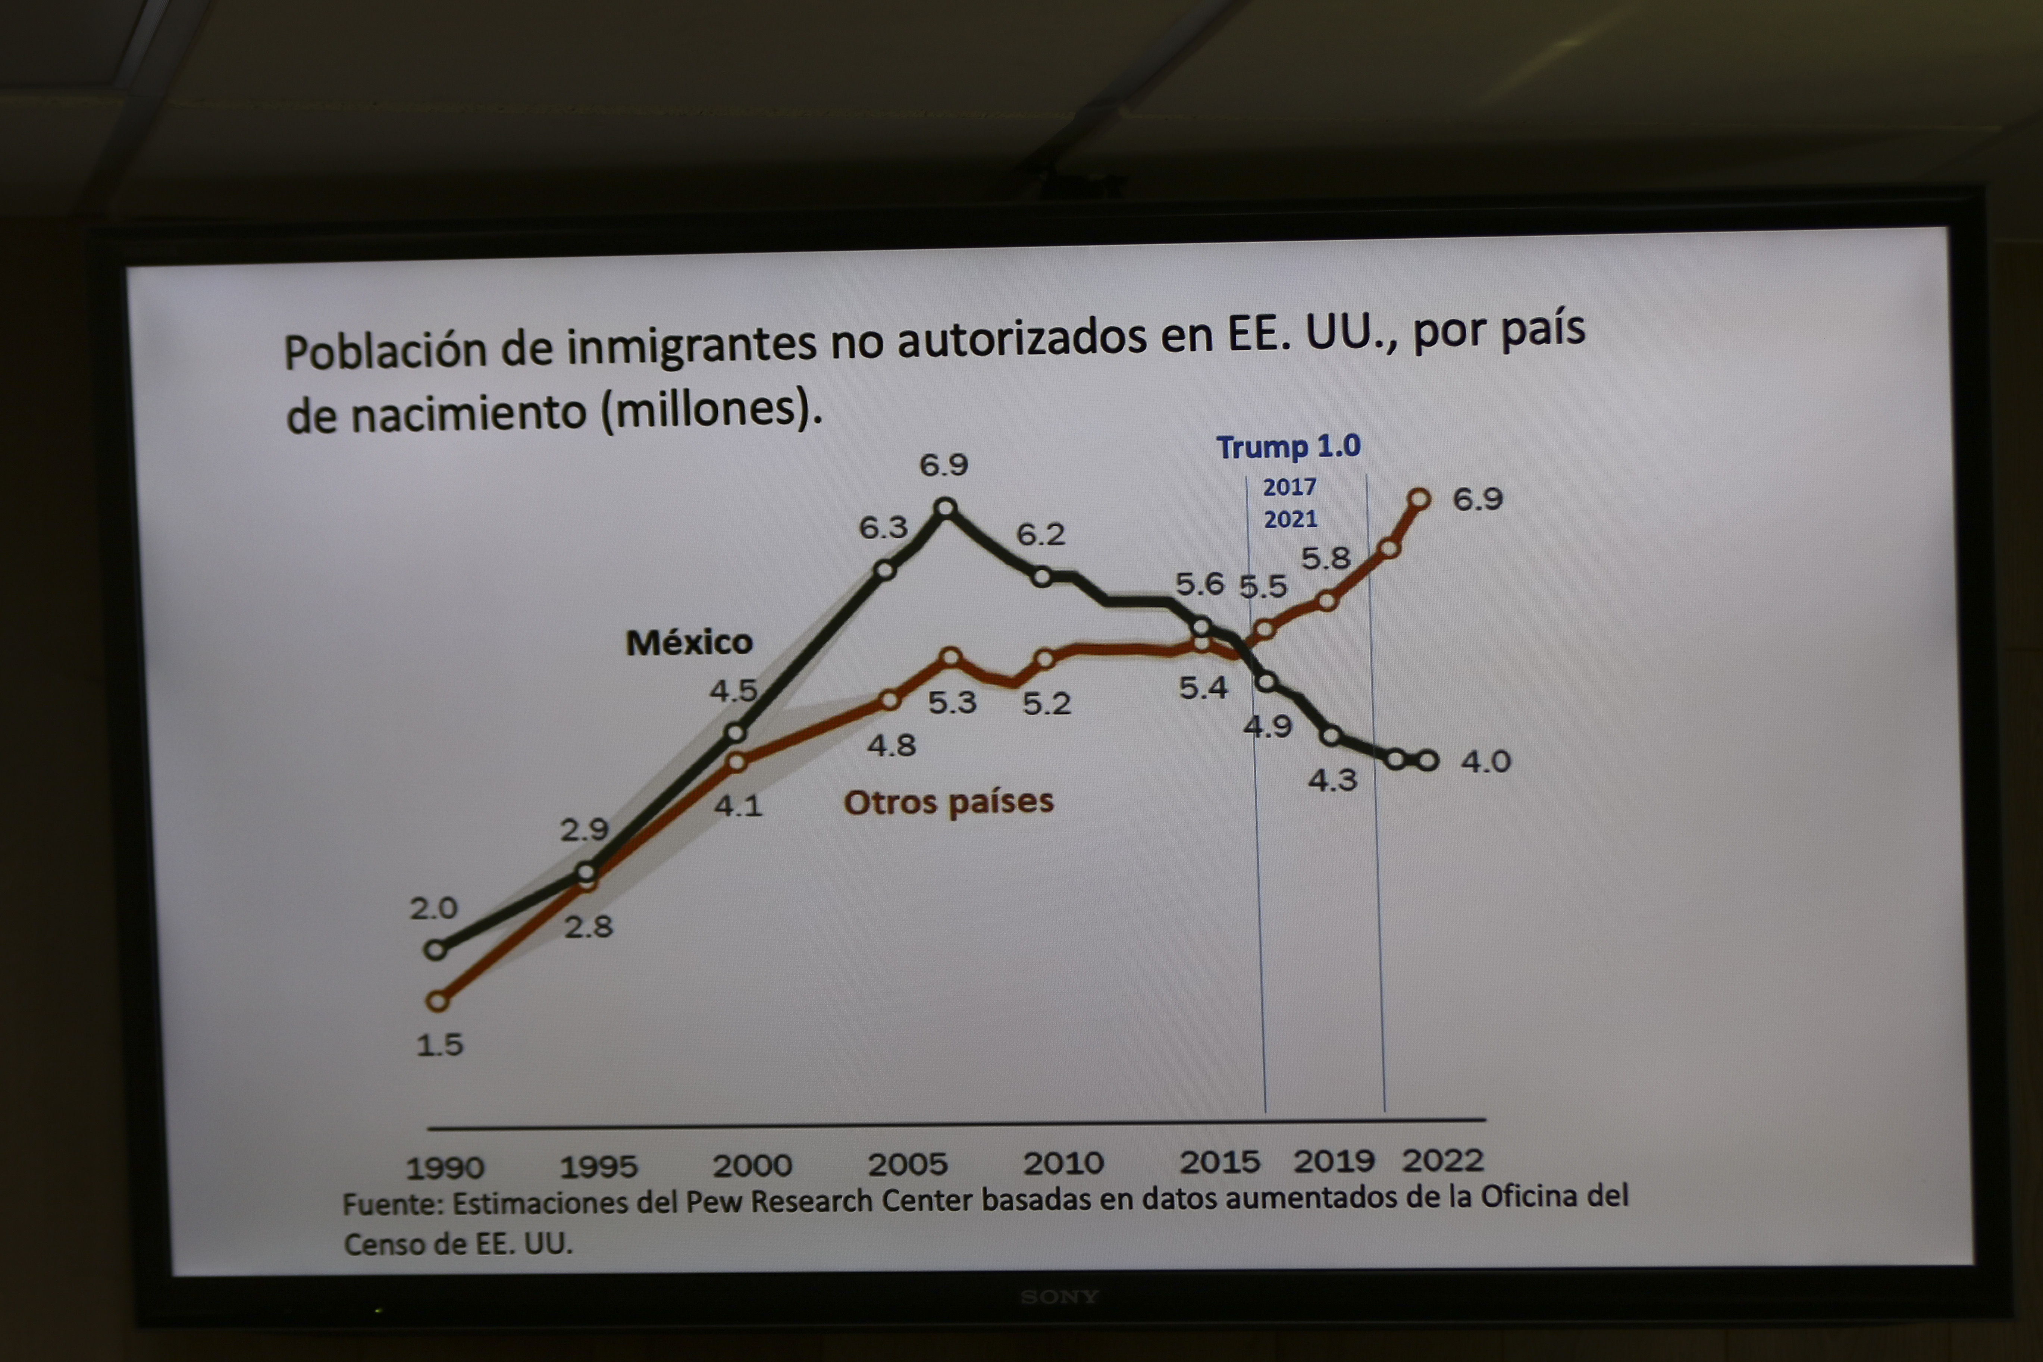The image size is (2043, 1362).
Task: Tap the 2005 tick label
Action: pyautogui.click(x=907, y=1164)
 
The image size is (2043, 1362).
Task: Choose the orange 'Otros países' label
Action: pyautogui.click(x=949, y=801)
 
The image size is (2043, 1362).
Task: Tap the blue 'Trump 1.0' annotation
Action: pyautogui.click(x=1288, y=447)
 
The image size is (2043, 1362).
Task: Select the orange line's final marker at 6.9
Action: pyautogui.click(x=1419, y=499)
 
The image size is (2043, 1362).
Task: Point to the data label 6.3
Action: pyautogui.click(x=883, y=527)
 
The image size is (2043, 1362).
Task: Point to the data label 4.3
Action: pyautogui.click(x=1332, y=780)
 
